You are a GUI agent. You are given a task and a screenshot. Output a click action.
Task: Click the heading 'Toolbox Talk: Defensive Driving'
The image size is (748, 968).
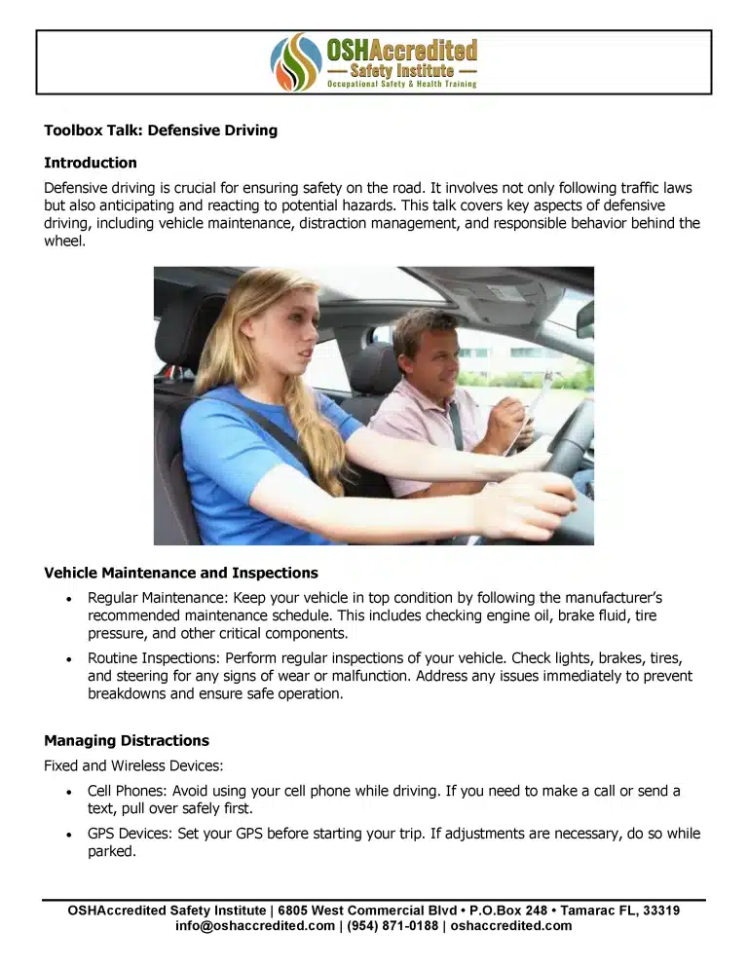[161, 130]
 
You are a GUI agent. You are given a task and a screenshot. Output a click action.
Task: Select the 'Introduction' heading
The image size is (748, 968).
[91, 163]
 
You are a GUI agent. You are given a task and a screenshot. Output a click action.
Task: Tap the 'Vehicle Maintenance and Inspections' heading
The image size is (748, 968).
[181, 573]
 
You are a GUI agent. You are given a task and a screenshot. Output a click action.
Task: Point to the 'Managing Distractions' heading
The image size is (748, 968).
[127, 740]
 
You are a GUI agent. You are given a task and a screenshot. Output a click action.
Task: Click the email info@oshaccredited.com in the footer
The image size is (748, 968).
[255, 926]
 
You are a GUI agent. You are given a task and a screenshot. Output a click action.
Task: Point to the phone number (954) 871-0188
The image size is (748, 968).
[391, 926]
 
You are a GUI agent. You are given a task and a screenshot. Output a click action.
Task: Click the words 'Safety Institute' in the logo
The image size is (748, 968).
[400, 71]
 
